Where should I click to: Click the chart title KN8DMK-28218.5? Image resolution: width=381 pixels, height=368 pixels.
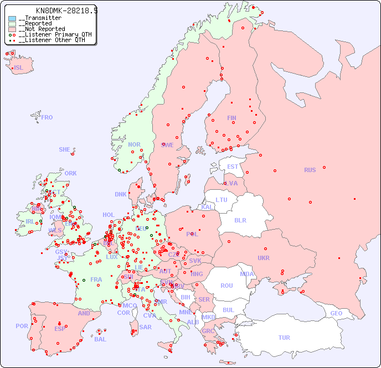click(x=66, y=11)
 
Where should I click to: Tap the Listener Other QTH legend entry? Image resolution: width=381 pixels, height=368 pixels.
click(x=52, y=40)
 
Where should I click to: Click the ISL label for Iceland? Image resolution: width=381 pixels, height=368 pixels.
click(x=18, y=68)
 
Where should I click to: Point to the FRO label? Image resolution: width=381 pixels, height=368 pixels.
click(x=47, y=117)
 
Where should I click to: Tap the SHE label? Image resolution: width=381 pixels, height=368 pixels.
click(x=64, y=149)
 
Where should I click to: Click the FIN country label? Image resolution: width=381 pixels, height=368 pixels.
click(x=231, y=118)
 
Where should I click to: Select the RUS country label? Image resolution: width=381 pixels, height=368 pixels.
click(x=310, y=170)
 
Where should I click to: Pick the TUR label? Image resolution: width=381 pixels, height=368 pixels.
click(x=284, y=338)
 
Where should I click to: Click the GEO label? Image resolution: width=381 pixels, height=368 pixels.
click(x=336, y=313)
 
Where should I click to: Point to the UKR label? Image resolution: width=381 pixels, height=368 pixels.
click(x=264, y=258)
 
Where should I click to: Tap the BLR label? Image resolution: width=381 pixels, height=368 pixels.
click(x=240, y=220)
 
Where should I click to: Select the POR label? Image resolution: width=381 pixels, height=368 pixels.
click(x=22, y=326)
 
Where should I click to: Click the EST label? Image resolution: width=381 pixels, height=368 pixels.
click(x=233, y=167)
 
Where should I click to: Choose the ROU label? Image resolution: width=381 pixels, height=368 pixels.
click(x=226, y=286)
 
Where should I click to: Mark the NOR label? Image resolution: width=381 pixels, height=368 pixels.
click(x=134, y=144)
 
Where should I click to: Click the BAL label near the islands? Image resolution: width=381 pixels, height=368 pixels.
click(x=100, y=339)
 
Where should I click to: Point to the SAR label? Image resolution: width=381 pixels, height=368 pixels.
click(x=145, y=327)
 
